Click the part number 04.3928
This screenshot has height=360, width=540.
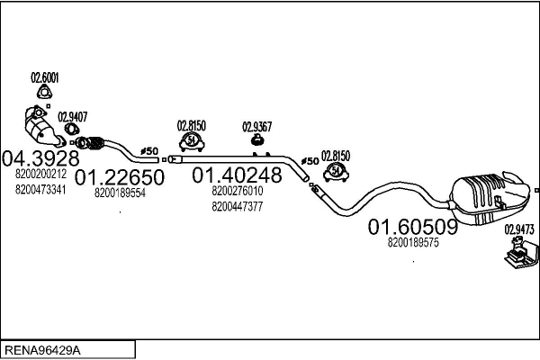tap(36, 157)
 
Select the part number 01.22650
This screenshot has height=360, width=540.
tap(119, 177)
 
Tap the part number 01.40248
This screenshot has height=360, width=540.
tap(237, 174)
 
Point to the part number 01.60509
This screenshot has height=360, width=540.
tap(412, 228)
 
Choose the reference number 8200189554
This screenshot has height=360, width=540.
tap(121, 193)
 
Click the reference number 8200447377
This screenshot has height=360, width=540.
tap(238, 206)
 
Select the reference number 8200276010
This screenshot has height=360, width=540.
tap(238, 191)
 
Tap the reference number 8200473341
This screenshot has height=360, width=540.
tap(40, 188)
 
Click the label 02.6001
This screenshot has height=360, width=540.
tap(44, 76)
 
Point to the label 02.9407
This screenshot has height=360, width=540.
tap(72, 116)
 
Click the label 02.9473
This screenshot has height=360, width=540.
tap(518, 230)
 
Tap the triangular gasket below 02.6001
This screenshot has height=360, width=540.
tap(43, 93)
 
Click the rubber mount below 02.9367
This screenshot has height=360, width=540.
tap(256, 141)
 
